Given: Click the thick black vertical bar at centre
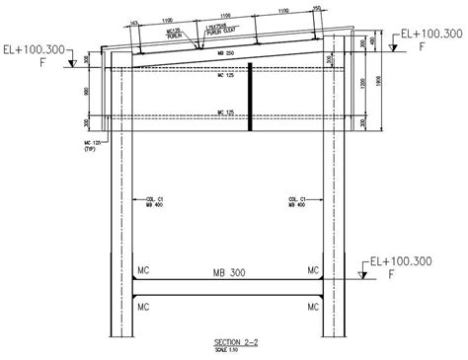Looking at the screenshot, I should (x=252, y=97).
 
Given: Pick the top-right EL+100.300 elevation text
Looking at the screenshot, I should (x=428, y=34).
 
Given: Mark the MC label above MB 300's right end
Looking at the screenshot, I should (x=313, y=269).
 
